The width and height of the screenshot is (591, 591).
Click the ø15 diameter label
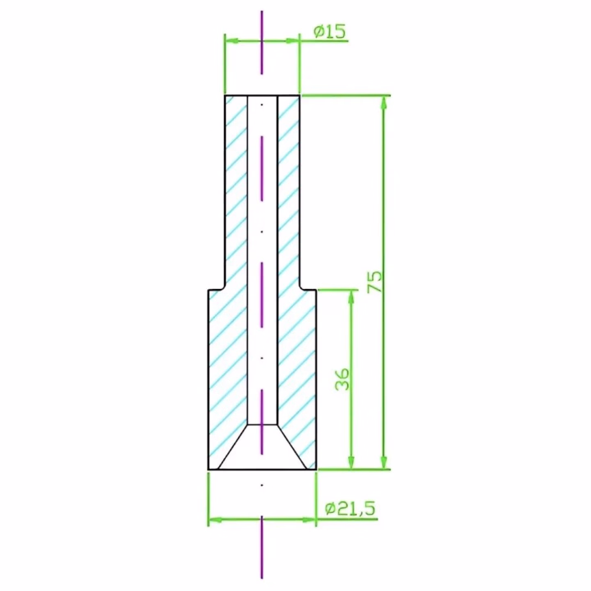pos(329,32)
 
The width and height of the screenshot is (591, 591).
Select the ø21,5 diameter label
pos(350,509)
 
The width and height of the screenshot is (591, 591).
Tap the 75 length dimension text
pos(374,282)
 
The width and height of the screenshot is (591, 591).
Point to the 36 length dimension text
pos(342,379)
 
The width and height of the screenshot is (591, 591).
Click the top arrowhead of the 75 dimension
pos(384,103)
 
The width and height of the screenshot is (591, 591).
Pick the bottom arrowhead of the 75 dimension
pos(384,462)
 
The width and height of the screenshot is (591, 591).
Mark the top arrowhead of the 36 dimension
pos(351,297)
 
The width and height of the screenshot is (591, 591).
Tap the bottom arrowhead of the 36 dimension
pos(351,462)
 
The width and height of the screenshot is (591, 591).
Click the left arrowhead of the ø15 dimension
pos(232,41)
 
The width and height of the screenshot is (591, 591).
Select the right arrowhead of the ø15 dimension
pos(292,41)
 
